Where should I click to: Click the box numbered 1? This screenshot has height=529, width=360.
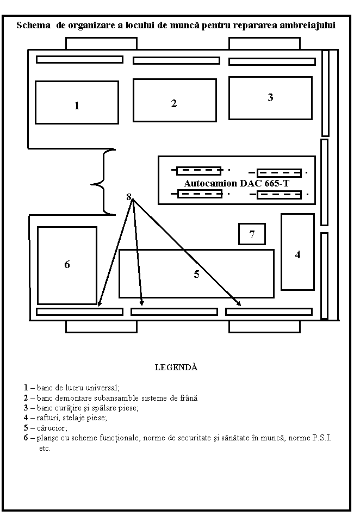77,103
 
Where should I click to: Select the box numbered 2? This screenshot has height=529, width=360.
175,100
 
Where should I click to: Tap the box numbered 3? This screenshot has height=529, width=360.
270,98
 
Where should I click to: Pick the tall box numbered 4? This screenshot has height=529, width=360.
297,252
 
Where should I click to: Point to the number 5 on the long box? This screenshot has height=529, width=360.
197,274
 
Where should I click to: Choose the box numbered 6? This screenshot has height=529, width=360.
67,265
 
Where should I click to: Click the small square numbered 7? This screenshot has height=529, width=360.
252,234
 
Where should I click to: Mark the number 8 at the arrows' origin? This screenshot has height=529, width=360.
128,197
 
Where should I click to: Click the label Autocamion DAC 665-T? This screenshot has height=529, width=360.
237,184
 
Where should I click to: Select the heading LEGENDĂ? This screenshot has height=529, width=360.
176,368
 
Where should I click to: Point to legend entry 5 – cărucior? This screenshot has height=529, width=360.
46,428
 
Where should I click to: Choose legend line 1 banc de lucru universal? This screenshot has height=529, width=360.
72,388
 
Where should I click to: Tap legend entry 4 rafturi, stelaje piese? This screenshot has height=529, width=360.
65,418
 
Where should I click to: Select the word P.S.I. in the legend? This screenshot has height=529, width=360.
322,438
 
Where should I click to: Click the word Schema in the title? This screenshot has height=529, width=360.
33,26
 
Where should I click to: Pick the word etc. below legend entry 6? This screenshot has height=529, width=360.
45,449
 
